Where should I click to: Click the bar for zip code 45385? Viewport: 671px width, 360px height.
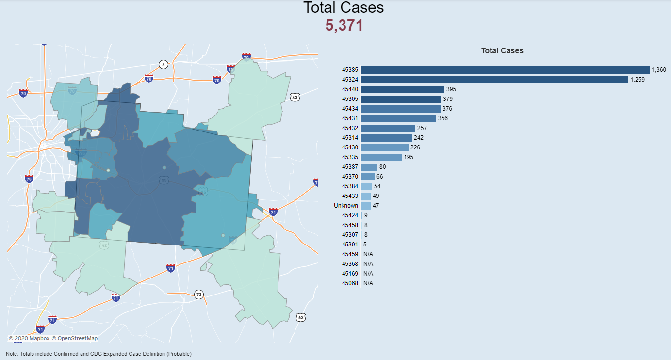pos(505,70)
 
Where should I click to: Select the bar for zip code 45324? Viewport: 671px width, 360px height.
pos(494,80)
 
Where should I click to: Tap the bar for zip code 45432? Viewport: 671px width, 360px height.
pos(388,128)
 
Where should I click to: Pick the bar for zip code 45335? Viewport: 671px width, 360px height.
pos(381,157)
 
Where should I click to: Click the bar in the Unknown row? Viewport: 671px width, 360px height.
pos(365,206)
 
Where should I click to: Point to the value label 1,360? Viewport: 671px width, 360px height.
pos(659,70)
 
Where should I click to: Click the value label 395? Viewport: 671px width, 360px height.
pos(451,89)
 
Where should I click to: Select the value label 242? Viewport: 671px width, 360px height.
pos(419,138)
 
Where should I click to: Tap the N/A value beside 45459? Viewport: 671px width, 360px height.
pos(368,254)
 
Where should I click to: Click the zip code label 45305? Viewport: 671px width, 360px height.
pos(350,99)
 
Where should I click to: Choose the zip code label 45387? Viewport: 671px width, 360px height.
pos(350,167)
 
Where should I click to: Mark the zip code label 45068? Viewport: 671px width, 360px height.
pos(350,283)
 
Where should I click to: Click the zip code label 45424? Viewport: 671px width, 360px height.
pos(350,215)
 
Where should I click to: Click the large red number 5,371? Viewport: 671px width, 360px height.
pos(344,26)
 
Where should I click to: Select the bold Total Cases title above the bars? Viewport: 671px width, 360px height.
pos(502,50)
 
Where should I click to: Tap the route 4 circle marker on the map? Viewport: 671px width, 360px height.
pos(164,65)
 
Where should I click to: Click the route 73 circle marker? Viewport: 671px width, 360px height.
pos(198,295)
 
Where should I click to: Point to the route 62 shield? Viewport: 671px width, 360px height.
pos(301,317)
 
